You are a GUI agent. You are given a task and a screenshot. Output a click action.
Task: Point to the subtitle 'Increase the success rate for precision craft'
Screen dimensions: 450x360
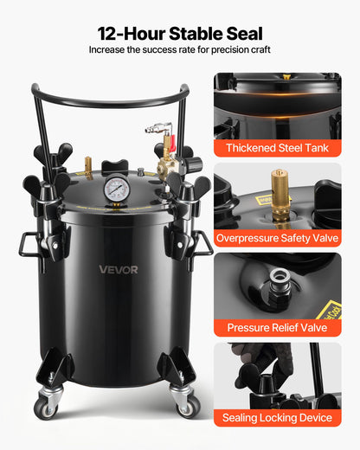click(180, 50)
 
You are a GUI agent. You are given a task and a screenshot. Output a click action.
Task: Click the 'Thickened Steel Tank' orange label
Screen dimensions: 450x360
click(277, 148)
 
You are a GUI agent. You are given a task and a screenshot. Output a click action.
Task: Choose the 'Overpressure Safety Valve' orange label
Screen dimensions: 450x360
click(277, 237)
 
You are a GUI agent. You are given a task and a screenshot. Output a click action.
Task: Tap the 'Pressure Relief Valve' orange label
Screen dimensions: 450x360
click(277, 328)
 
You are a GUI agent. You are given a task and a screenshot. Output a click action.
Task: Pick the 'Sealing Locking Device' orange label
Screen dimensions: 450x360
click(277, 418)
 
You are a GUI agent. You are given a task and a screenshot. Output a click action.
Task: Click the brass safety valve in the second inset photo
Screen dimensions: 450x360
click(279, 185)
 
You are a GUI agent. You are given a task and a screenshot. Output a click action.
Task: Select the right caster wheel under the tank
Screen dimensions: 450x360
click(185, 405)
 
